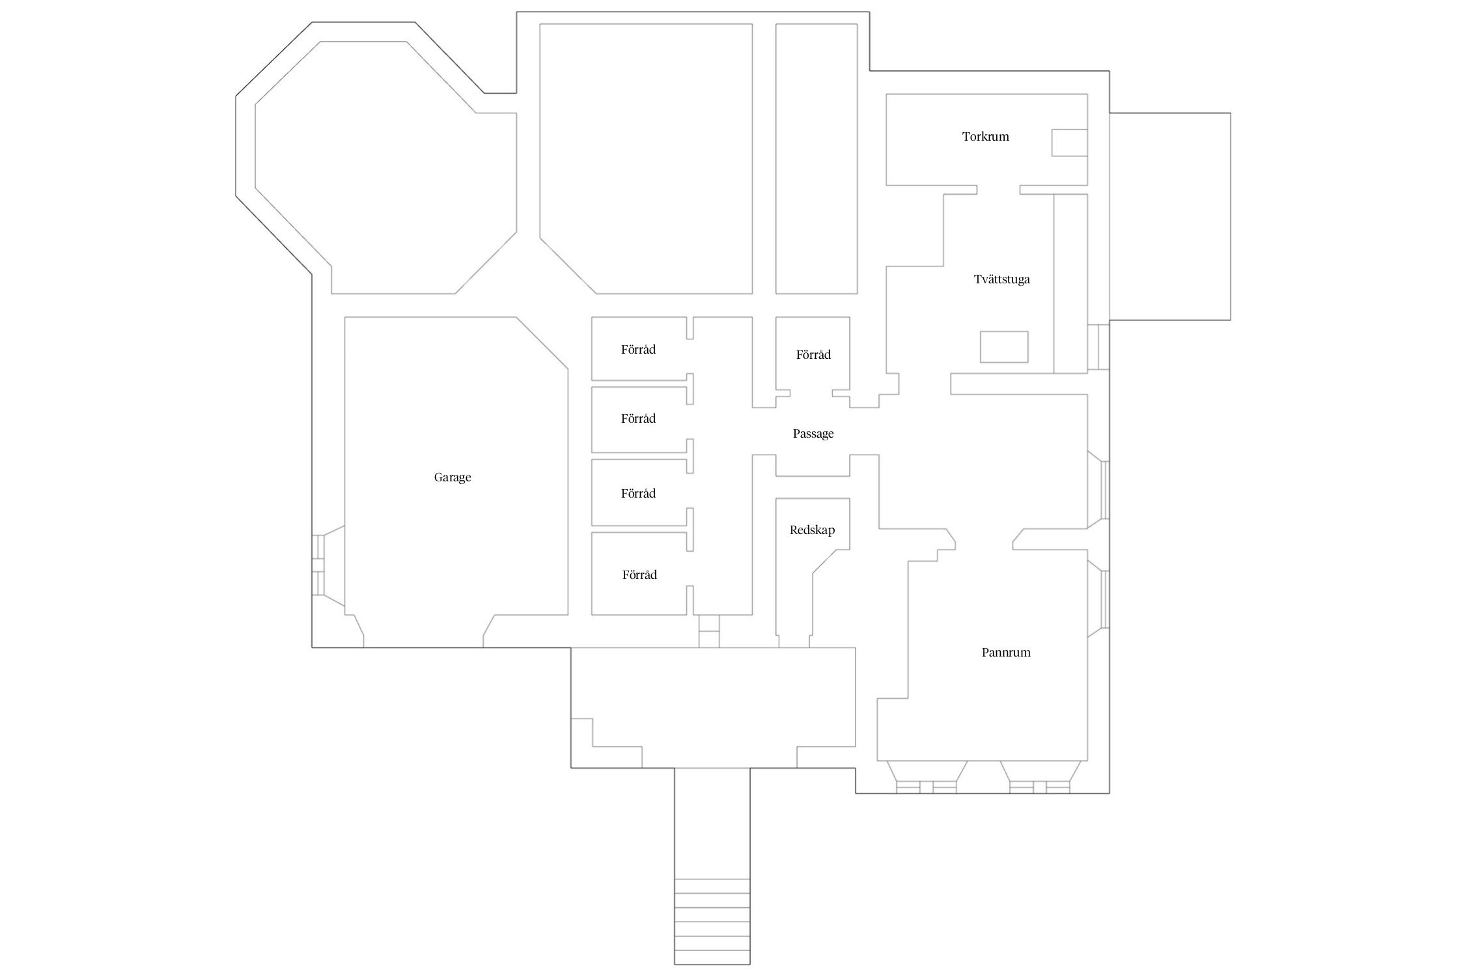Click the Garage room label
(x=453, y=477)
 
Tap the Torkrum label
(x=985, y=137)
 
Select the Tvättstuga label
(x=1001, y=279)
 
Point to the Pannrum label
(x=1006, y=653)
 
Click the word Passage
(x=813, y=434)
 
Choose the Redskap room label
(x=812, y=530)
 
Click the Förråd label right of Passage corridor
(x=813, y=355)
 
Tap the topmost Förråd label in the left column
(x=638, y=350)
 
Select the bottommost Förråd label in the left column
(x=639, y=575)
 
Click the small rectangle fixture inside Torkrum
(x=1069, y=143)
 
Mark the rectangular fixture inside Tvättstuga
(x=1004, y=347)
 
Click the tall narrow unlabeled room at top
(x=816, y=158)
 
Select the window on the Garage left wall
(x=318, y=565)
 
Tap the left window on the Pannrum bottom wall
(x=926, y=786)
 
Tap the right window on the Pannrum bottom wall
(x=1039, y=786)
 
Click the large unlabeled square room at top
(x=646, y=158)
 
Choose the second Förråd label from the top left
(x=638, y=419)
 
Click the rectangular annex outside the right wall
(x=1169, y=216)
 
